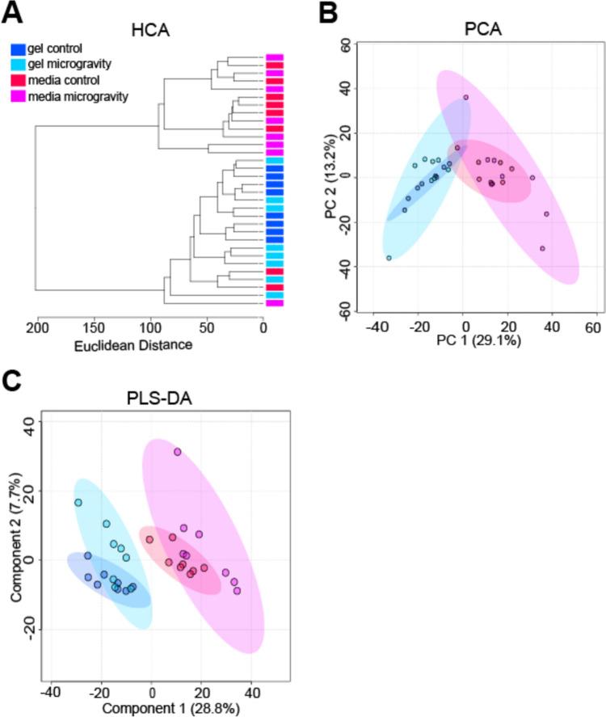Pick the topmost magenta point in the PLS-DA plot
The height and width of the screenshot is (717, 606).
pos(177,452)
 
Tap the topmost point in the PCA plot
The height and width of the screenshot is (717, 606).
pos(466,97)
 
